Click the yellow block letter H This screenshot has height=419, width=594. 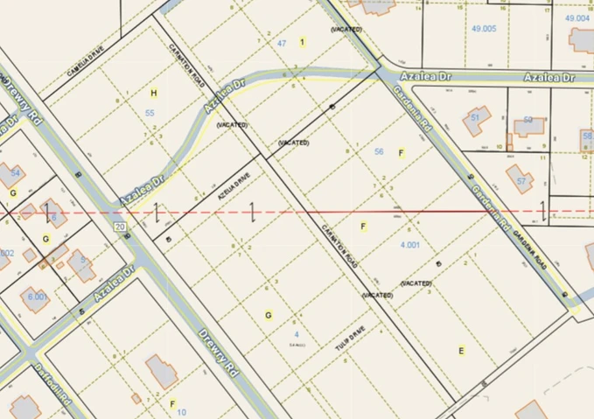[x=154, y=92]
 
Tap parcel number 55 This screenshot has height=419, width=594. [x=150, y=113]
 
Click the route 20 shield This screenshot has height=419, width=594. [x=120, y=226]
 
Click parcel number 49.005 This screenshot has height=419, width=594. [x=483, y=29]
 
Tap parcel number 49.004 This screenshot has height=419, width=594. [x=578, y=17]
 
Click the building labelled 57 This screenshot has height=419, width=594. [x=521, y=176]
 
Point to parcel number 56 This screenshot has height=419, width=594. [x=379, y=151]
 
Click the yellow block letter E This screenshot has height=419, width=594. [x=461, y=350]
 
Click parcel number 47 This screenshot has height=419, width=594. [x=282, y=42]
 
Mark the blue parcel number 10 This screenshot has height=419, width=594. [x=181, y=411]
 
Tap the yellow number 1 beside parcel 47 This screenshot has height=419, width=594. [x=302, y=41]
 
